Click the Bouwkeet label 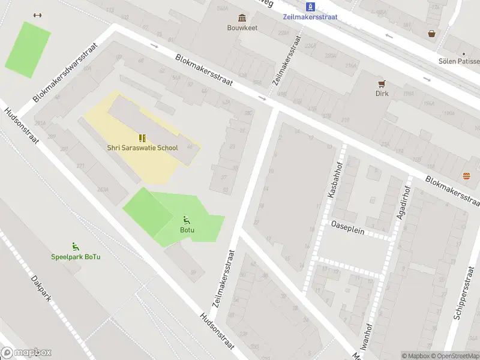click(x=242, y=28)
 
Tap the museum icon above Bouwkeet click(x=242, y=17)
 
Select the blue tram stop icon click(x=310, y=7)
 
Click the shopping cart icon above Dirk click(x=382, y=83)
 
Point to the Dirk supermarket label click(x=382, y=94)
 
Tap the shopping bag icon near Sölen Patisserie click(x=431, y=34)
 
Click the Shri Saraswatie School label click(x=142, y=148)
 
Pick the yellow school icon click(x=142, y=137)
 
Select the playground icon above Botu click(x=187, y=220)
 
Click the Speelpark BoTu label click(x=76, y=257)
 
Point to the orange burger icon click(x=467, y=176)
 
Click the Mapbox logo click(x=26, y=353)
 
